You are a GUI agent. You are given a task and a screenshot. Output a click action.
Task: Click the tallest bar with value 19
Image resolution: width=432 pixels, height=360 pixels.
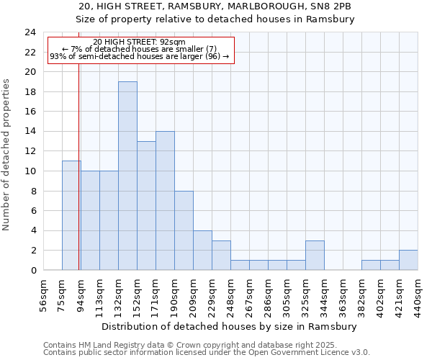[127, 176]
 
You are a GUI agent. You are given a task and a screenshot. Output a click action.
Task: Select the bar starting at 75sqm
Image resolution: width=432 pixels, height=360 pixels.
[71, 215]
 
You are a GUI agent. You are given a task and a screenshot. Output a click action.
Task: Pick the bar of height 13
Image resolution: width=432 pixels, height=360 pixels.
[146, 205]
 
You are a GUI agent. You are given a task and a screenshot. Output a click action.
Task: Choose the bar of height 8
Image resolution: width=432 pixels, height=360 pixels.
[184, 230]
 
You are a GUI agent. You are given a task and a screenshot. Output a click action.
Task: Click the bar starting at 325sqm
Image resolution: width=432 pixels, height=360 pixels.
[315, 255]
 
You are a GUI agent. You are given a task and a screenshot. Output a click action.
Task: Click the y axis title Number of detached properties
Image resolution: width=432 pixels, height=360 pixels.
[7, 155]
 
